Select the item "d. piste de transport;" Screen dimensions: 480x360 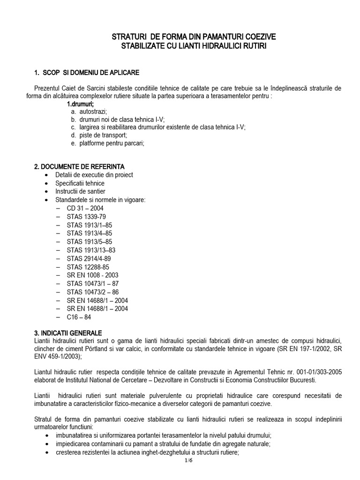pos(99,135)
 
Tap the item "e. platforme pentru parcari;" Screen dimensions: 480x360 pos(107,143)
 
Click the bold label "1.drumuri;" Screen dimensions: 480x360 pos(81,104)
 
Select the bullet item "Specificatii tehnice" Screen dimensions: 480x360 pos(80,183)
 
